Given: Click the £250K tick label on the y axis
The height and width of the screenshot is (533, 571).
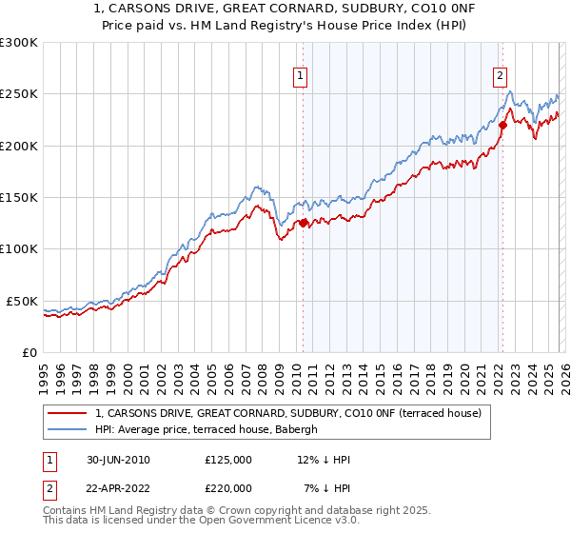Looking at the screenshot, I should point(19,94).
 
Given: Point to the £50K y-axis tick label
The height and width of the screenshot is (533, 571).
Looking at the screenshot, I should point(22,301).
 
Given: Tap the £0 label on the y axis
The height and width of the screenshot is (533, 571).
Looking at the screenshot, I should point(29,352).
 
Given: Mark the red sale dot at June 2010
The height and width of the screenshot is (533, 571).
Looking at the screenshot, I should point(304,224).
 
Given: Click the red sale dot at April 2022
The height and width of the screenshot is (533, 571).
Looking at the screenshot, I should point(502,125).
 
